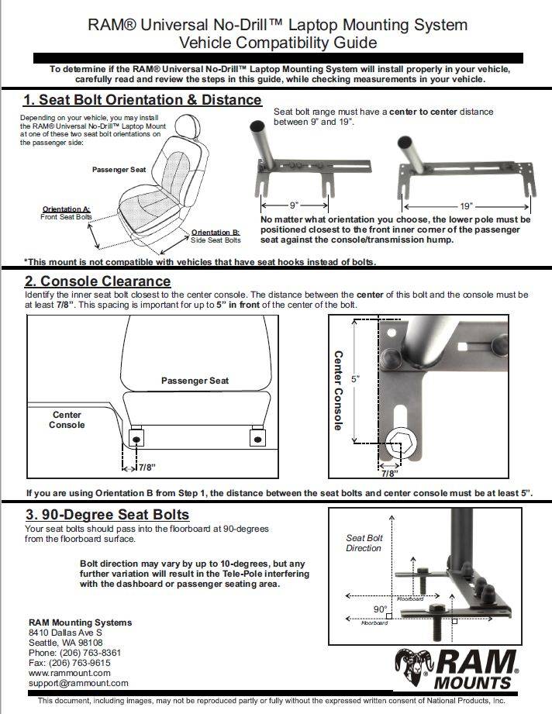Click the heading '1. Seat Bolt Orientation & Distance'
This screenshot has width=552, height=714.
tap(142, 100)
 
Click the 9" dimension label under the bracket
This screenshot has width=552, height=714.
tap(294, 206)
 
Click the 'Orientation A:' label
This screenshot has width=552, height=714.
tap(67, 209)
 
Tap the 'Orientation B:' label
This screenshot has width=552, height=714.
tap(216, 233)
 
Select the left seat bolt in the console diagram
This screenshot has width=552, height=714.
tap(136, 439)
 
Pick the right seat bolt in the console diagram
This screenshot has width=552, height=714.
tap(257, 439)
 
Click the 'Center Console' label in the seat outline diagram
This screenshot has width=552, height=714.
tap(67, 419)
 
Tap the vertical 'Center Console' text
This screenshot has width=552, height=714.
tap(338, 390)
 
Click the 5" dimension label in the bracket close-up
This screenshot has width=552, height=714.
tap(356, 379)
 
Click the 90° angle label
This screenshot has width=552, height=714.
tap(380, 609)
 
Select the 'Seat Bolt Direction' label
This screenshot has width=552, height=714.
tap(364, 543)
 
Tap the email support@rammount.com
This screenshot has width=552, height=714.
tap(78, 683)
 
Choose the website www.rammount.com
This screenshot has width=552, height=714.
tap(69, 673)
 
